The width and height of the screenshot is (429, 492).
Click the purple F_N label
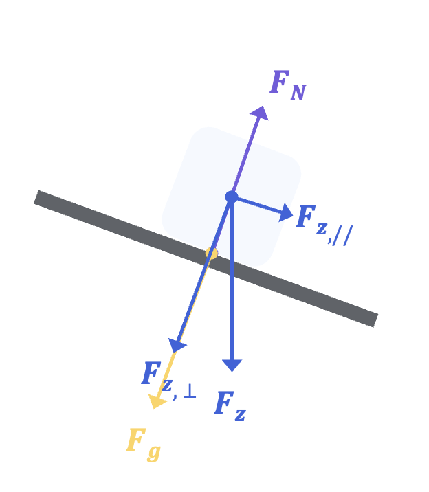click(288, 85)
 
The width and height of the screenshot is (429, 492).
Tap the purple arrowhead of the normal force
click(260, 113)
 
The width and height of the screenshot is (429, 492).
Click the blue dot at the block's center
click(232, 197)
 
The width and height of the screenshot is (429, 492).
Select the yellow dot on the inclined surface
click(212, 254)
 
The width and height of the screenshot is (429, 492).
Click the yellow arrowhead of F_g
click(157, 401)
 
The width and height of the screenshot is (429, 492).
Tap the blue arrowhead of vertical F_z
click(232, 366)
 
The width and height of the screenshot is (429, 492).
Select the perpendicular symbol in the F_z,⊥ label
click(190, 391)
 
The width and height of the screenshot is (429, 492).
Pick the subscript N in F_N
click(298, 92)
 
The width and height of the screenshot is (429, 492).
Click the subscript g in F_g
click(154, 453)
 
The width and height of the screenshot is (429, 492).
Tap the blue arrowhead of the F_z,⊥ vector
click(177, 345)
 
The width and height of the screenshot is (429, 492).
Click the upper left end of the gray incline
click(36, 197)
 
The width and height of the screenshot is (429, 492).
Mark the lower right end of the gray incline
click(375, 320)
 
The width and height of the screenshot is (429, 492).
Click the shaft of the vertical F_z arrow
click(232, 278)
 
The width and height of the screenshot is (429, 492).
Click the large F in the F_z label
click(223, 403)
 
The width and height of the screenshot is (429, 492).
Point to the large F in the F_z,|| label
click(306, 216)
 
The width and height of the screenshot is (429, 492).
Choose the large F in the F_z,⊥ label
click(151, 372)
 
